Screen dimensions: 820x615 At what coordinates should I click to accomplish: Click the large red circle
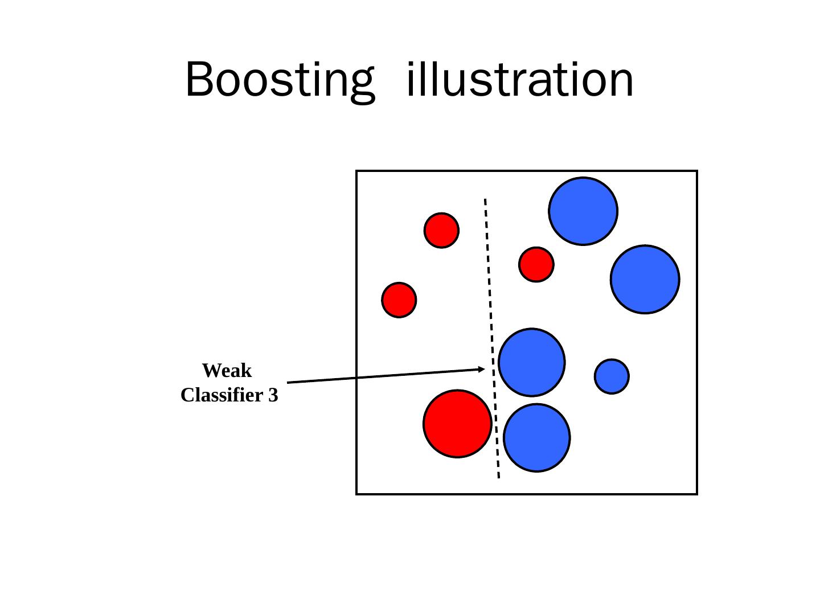(x=457, y=424)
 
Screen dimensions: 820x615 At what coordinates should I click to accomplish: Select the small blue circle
(x=612, y=376)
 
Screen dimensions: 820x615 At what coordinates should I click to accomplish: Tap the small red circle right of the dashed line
(x=536, y=264)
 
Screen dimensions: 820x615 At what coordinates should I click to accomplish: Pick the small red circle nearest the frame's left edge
(x=399, y=300)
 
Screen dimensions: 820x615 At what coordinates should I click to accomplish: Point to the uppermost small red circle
(x=441, y=230)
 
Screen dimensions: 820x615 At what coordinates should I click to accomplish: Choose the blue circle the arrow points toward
(x=532, y=362)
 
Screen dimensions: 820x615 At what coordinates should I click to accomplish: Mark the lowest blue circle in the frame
(x=536, y=437)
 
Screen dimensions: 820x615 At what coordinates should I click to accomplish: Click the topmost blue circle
(x=583, y=211)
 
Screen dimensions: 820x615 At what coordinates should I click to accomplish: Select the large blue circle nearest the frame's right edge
(x=645, y=279)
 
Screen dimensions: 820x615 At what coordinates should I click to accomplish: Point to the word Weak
(x=227, y=371)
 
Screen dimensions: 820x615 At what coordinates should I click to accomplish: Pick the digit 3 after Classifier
(x=273, y=395)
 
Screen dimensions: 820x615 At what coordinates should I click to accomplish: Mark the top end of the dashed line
(x=485, y=200)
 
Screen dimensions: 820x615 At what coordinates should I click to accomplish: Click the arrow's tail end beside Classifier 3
(x=289, y=382)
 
